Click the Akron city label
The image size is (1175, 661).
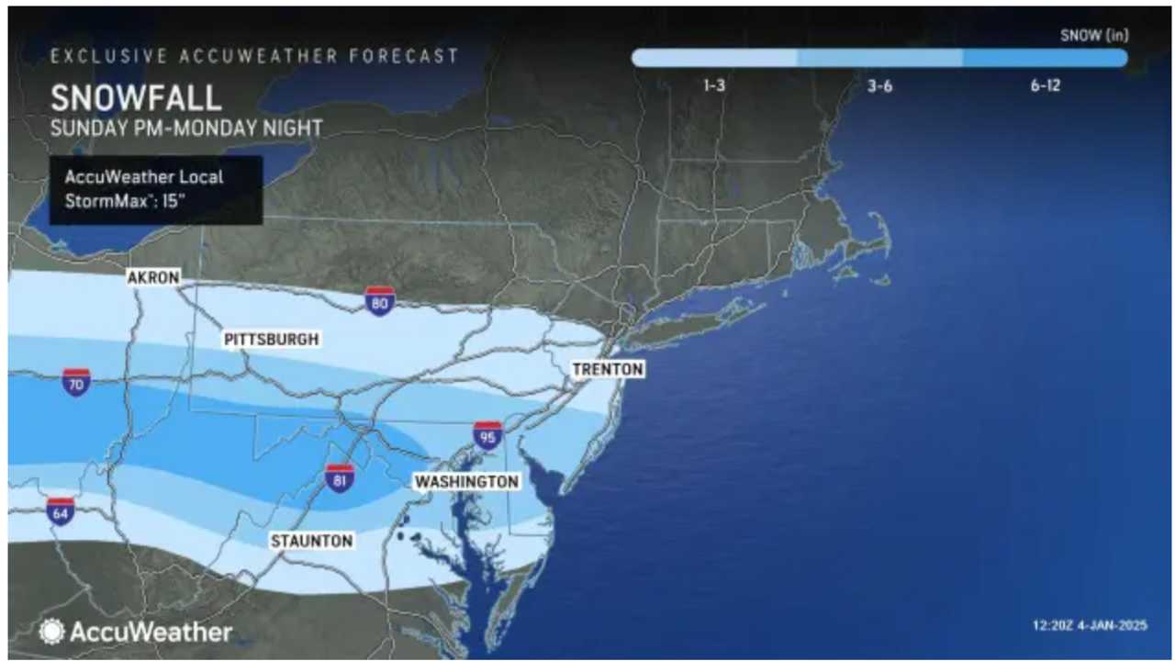coord(154,277)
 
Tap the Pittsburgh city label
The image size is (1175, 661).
coord(272,340)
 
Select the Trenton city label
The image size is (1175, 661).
coord(608,369)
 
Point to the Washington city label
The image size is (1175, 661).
coord(466,481)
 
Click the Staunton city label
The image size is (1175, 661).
coord(311,542)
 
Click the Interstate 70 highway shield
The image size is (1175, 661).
coord(76,381)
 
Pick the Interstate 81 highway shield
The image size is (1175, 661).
coord(340,478)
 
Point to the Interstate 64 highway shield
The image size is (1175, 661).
coord(61,511)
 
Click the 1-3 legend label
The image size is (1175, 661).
coord(716,86)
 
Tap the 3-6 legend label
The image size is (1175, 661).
coord(879,86)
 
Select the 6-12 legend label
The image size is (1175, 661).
coord(1046,86)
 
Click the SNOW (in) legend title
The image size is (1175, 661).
coord(1094,36)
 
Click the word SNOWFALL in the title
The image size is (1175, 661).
coord(136,97)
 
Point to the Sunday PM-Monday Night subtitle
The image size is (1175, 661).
coord(186,128)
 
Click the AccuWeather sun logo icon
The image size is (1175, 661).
coord(51,632)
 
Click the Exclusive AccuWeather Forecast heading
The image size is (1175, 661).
coord(254,56)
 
